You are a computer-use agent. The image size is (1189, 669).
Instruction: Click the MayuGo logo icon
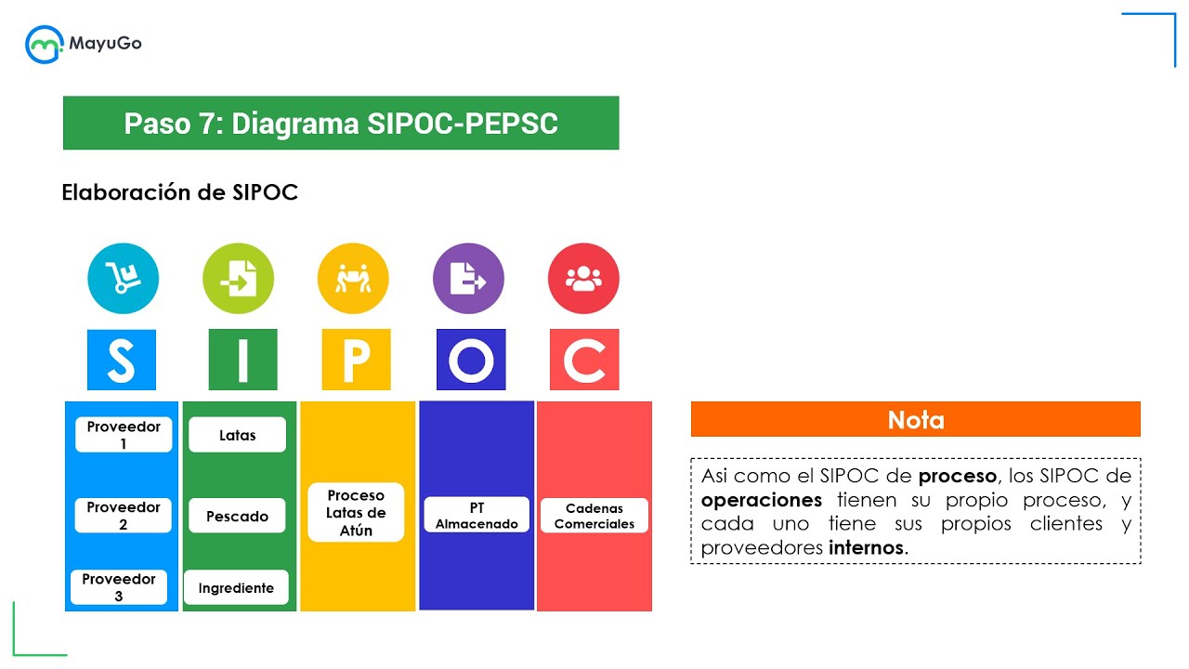click(44, 44)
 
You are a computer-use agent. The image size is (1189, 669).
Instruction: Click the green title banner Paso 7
click(341, 123)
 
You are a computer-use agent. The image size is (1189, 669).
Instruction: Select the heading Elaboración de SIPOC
click(179, 192)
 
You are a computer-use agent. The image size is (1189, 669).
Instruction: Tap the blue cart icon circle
click(123, 279)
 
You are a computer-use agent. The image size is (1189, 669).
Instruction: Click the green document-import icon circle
click(238, 279)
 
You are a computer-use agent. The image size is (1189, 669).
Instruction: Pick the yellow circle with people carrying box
click(353, 279)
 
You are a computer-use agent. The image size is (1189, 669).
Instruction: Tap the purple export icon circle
click(468, 279)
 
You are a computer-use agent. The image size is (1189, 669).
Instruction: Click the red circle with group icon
click(583, 279)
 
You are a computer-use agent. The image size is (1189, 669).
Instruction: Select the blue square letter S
click(122, 360)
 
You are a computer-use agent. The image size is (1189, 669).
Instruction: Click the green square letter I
click(242, 360)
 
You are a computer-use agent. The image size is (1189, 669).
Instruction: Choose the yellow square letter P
click(356, 360)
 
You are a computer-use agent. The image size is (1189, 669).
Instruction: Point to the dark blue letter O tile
click(471, 360)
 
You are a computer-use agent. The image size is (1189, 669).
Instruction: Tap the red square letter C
click(584, 360)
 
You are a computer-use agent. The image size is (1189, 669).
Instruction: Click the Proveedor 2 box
click(124, 516)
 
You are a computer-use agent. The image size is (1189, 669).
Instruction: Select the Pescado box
click(237, 516)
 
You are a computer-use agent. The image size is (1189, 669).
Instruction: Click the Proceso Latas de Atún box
click(356, 512)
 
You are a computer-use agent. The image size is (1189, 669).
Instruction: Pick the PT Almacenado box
click(477, 515)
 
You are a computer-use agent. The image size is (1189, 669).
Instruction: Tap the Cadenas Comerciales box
click(594, 516)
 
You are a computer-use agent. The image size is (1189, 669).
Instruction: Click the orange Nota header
click(915, 419)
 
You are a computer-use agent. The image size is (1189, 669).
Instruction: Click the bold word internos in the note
click(865, 548)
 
